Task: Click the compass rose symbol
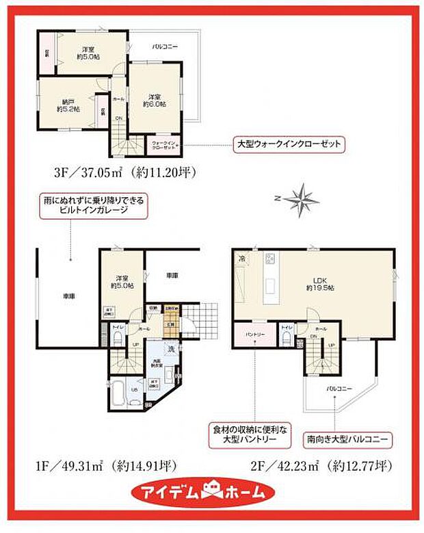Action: (x=299, y=200)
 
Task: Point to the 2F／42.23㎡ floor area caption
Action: (x=321, y=467)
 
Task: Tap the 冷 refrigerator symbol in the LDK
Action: (x=243, y=259)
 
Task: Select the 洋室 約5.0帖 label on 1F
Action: (x=123, y=283)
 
